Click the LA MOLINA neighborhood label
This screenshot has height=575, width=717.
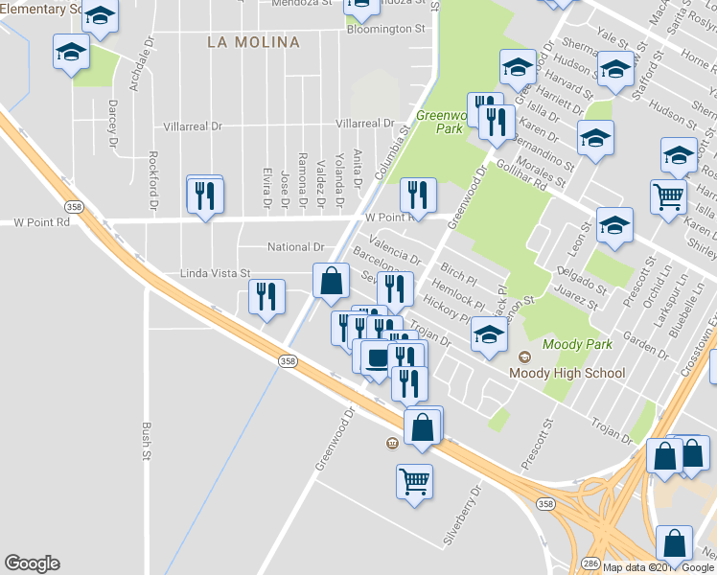coord(253,42)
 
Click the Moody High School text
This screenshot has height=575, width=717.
coord(567,373)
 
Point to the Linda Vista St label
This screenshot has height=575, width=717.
coord(215,274)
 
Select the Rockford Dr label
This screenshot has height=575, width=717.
coord(153,181)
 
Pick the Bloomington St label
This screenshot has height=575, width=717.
coord(386,30)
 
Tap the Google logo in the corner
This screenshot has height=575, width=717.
coord(32,563)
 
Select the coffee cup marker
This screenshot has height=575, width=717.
coord(375,357)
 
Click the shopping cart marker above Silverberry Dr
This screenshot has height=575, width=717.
coord(414,480)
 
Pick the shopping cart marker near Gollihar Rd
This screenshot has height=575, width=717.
coord(668,196)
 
